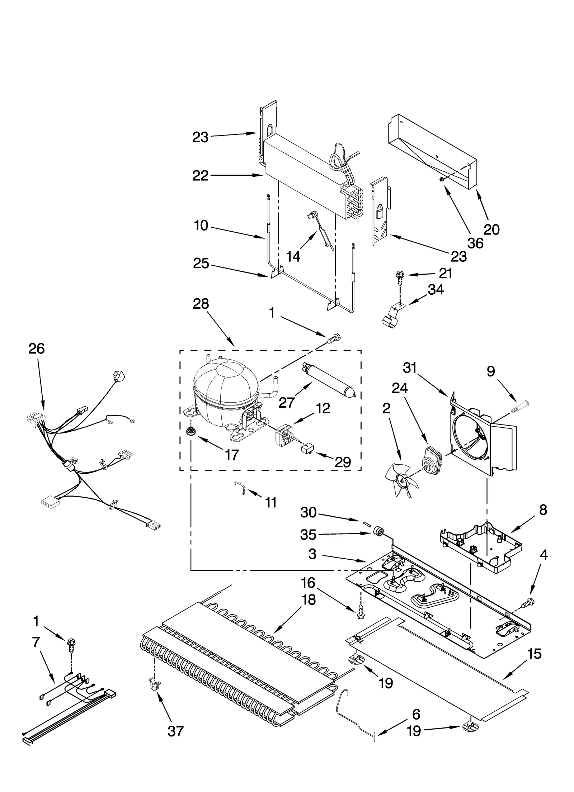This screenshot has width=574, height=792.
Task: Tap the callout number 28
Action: point(201,304)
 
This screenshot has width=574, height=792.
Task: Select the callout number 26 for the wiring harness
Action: point(37,348)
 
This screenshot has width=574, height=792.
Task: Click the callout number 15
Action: point(535,654)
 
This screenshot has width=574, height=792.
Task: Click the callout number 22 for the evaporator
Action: point(200,176)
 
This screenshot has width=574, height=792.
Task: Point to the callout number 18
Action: point(309,599)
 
